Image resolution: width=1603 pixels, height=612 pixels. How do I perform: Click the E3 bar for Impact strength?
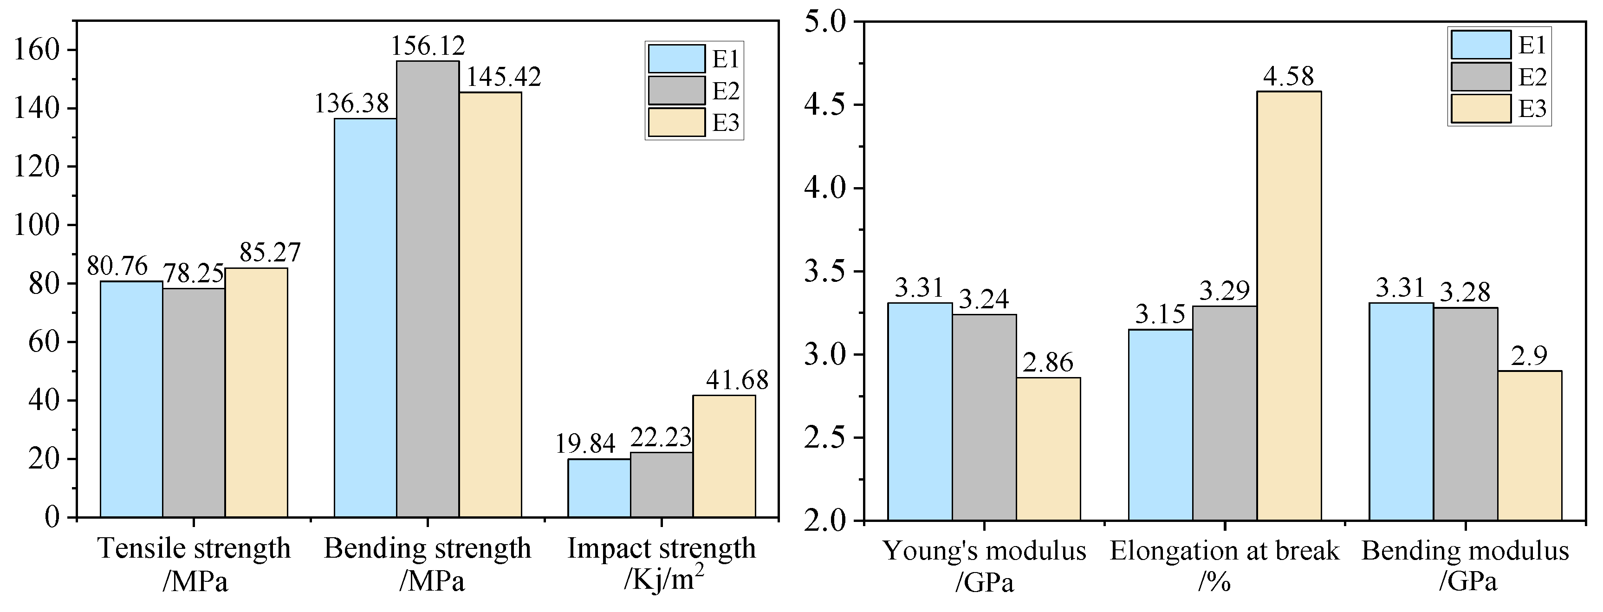coord(724,456)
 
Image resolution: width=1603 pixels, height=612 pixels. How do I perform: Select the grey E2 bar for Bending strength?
coord(428,289)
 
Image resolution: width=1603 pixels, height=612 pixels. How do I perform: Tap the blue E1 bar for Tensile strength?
coord(131,399)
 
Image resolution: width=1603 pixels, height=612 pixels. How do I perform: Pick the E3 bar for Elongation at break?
coord(1289,306)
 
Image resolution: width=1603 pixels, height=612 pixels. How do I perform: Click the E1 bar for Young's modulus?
coord(920,411)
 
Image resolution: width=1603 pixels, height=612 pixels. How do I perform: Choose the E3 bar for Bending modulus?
coord(1530,445)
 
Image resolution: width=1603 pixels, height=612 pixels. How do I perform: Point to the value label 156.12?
coord(428,46)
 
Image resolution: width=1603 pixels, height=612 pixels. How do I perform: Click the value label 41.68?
coord(737,380)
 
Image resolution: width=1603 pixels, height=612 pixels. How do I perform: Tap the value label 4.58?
coord(1289,77)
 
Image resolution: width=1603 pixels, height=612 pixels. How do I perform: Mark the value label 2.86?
coord(1049,362)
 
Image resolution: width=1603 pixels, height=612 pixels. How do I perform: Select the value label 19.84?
coord(585,444)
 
